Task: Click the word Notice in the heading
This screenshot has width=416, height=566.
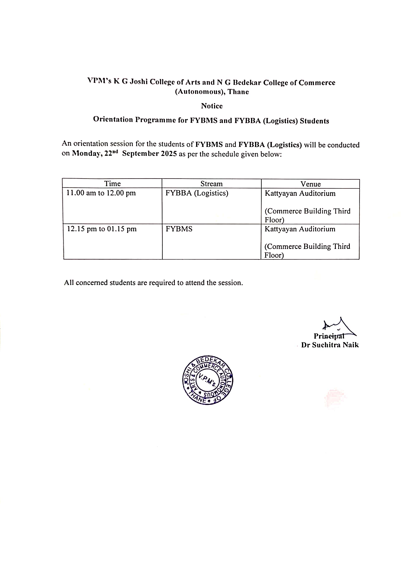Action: pyautogui.click(x=212, y=106)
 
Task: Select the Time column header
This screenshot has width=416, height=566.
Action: pyautogui.click(x=112, y=183)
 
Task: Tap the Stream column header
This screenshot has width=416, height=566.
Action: pyautogui.click(x=212, y=184)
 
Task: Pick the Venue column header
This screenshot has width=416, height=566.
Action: pyautogui.click(x=311, y=184)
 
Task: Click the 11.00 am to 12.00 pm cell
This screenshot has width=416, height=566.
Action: pyautogui.click(x=101, y=193)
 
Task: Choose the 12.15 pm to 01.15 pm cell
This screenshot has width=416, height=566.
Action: pyautogui.click(x=102, y=229)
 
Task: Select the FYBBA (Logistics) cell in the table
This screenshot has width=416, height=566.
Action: pyautogui.click(x=197, y=193)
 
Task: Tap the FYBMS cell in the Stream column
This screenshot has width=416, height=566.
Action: pyautogui.click(x=179, y=229)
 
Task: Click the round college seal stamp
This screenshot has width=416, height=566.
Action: pyautogui.click(x=208, y=380)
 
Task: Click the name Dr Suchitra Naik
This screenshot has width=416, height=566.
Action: pyautogui.click(x=330, y=345)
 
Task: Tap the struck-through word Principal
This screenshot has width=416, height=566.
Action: pyautogui.click(x=329, y=336)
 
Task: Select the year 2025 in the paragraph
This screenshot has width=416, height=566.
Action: pyautogui.click(x=169, y=154)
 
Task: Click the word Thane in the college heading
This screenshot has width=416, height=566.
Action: pyautogui.click(x=238, y=92)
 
